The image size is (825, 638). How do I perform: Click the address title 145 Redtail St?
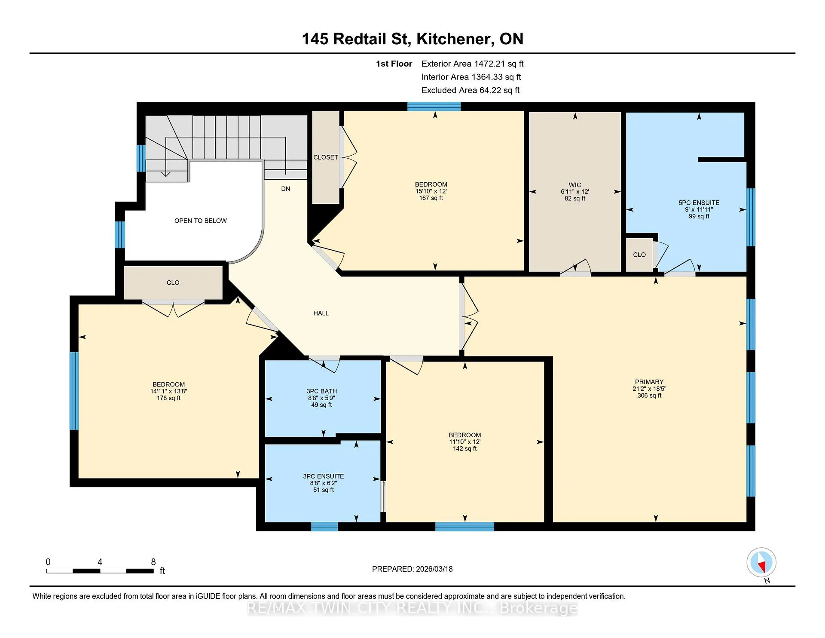(x=355, y=39)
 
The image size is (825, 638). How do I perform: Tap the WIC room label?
(x=575, y=185)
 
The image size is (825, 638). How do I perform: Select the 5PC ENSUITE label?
(x=699, y=203)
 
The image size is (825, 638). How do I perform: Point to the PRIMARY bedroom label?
(x=649, y=382)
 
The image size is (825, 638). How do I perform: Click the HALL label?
(x=321, y=313)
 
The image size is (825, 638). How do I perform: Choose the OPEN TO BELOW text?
(x=201, y=221)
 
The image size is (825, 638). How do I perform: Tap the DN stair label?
(x=286, y=189)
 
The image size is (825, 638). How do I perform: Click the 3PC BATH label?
(x=321, y=391)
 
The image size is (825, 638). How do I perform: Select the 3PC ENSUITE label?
(x=324, y=476)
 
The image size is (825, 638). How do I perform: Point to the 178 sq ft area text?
(x=169, y=398)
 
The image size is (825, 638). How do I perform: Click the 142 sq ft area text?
(x=465, y=449)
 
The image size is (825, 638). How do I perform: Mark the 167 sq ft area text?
(x=431, y=198)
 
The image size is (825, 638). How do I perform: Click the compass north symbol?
(x=761, y=562)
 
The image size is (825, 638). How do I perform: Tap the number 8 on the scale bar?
(x=153, y=562)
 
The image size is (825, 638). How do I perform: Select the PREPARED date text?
(x=412, y=569)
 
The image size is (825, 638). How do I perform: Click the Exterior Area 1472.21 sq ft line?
(x=473, y=64)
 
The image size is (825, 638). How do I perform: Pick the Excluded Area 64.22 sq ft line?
(x=471, y=91)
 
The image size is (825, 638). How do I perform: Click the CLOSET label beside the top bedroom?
(x=326, y=157)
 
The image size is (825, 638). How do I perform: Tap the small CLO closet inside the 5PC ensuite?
(x=639, y=255)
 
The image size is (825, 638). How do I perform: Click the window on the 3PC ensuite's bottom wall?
(x=324, y=527)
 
